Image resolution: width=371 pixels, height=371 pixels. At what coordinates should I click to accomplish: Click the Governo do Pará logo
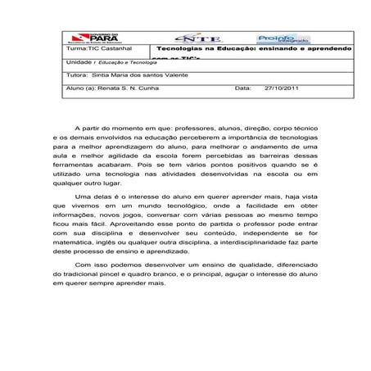click(x=92, y=38)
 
